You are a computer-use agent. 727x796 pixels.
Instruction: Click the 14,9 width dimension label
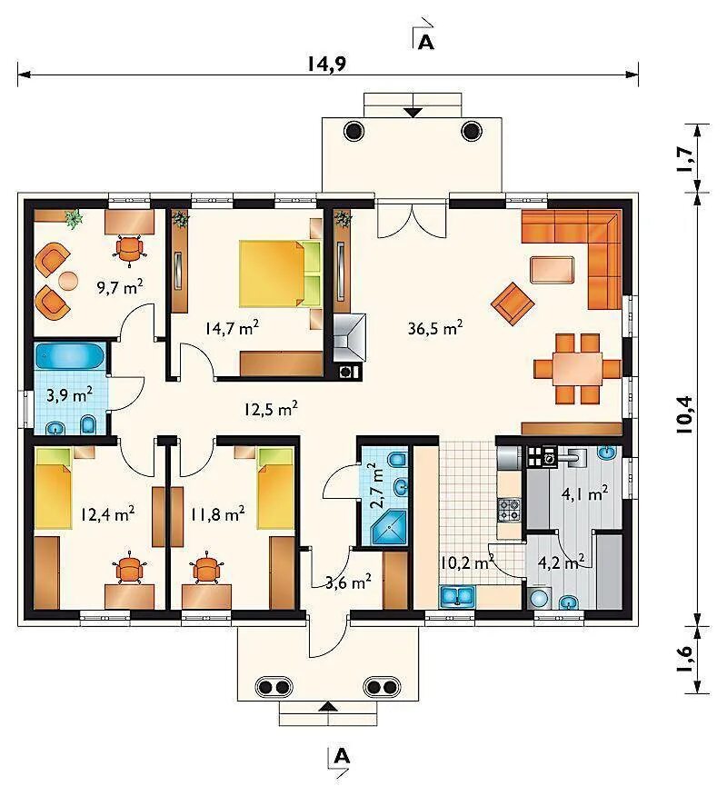pos(326,64)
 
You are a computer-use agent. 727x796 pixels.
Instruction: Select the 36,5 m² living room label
pos(435,328)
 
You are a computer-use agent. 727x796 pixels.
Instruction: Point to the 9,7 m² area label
pos(120,287)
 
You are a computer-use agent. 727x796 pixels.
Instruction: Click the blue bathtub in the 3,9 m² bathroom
pos(70,356)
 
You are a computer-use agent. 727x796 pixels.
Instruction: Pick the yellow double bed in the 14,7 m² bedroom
pos(280,274)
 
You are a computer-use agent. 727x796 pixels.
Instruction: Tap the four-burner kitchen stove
pos(509,510)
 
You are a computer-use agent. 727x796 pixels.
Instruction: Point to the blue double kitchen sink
pos(457,596)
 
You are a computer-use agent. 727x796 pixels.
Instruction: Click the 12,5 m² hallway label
pos(271,409)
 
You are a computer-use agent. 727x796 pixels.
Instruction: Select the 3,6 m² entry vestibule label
pos(348,582)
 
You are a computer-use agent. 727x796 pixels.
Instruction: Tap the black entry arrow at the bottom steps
pos(329,706)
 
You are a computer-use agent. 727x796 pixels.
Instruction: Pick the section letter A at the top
pos(426,43)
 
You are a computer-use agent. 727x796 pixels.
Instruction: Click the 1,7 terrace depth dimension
pos(684,158)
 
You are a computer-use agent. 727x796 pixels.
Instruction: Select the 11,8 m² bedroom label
pos(218,514)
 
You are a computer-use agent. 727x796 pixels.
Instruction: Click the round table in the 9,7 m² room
pos(68,280)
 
